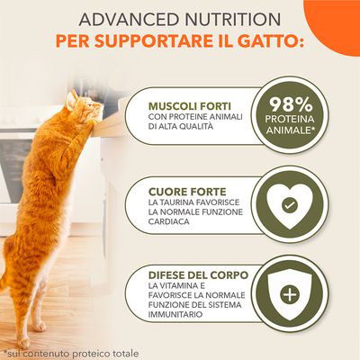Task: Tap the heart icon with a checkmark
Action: point(292,205)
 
